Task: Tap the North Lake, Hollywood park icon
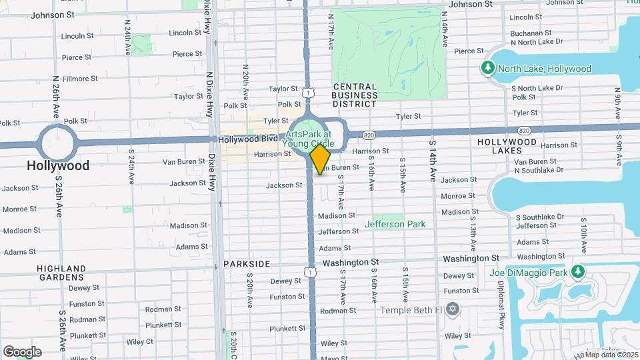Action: [488, 69]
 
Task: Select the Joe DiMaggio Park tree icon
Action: [578, 272]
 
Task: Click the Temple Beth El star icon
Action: [453, 310]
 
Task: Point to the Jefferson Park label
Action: [395, 225]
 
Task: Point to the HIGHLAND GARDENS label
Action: [61, 273]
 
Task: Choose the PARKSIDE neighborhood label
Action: [247, 264]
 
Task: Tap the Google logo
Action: [22, 352]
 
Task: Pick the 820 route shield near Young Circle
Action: [369, 135]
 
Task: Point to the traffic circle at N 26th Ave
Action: [58, 143]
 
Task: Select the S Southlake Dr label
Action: [543, 217]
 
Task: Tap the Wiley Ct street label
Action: [139, 342]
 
